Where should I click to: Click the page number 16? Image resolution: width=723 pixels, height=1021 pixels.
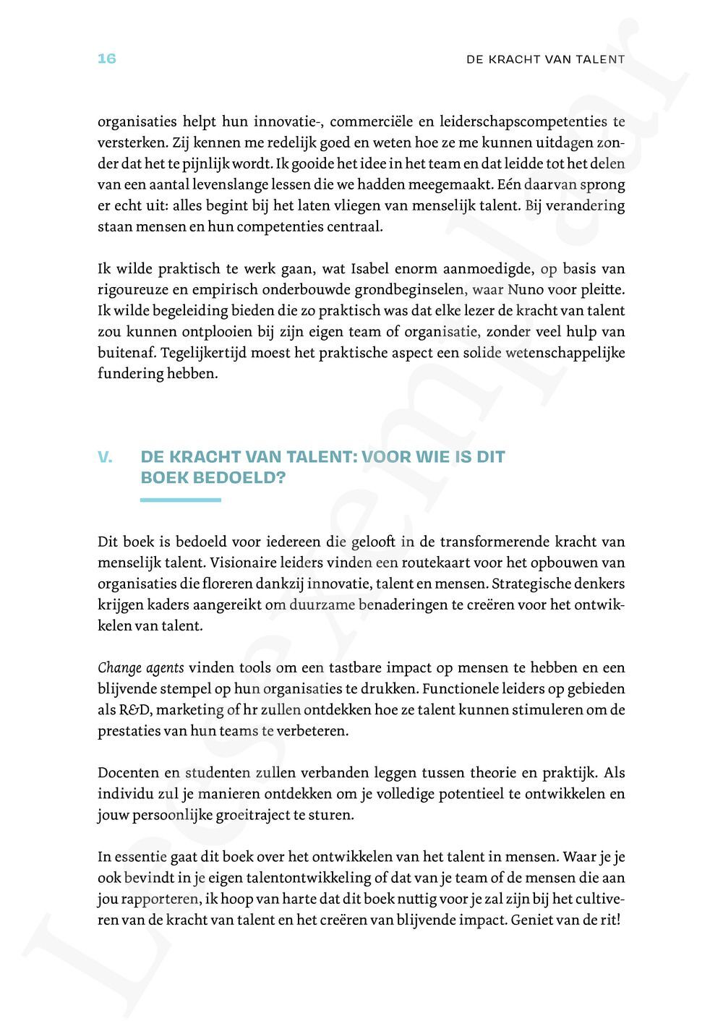[106, 59]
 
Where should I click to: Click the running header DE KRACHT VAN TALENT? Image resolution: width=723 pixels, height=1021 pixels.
[545, 59]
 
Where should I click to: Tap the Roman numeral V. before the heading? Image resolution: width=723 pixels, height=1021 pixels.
[105, 457]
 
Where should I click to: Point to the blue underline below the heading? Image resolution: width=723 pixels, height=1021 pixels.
[180, 500]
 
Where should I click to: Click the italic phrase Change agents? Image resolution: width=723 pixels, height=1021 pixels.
[140, 667]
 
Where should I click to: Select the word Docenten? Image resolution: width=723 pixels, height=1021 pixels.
[126, 772]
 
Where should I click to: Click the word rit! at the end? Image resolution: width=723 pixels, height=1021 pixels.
[611, 920]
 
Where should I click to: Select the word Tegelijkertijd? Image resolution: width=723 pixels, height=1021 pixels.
[204, 353]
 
